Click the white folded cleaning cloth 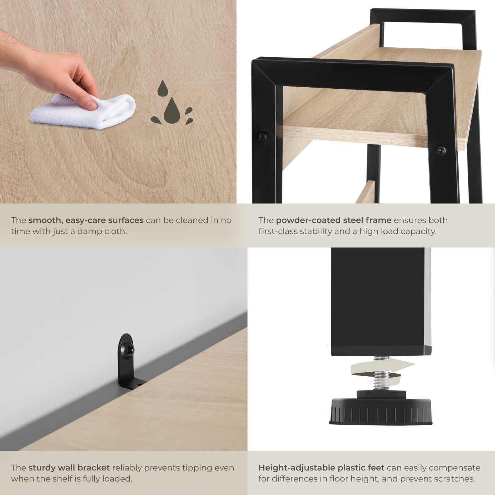pos(82,112)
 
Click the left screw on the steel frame pos(262,137)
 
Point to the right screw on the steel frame pos(441,150)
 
